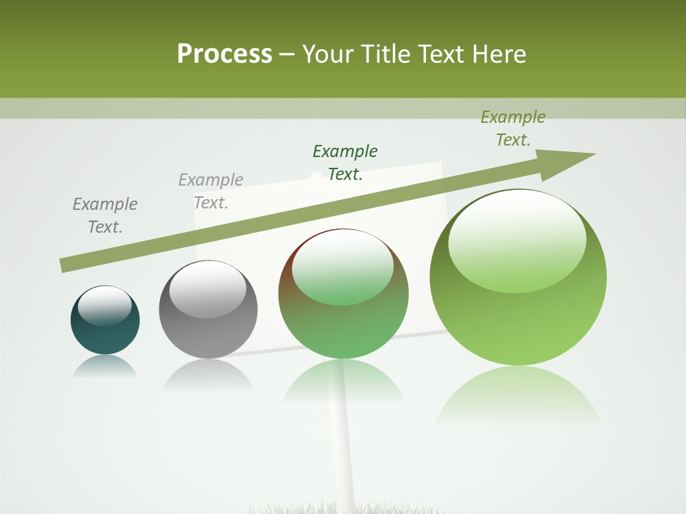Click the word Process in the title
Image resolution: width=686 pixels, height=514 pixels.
click(x=224, y=54)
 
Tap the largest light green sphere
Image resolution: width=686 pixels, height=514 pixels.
click(x=518, y=278)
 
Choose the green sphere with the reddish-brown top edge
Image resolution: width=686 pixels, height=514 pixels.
click(x=343, y=294)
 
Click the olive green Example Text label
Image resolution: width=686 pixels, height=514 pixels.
click(x=513, y=128)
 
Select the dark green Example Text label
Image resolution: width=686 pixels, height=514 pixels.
click(x=345, y=162)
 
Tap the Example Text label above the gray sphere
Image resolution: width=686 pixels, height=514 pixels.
click(x=211, y=191)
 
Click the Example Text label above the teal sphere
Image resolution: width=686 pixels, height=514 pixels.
click(x=105, y=216)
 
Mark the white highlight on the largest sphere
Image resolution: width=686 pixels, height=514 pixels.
click(x=517, y=239)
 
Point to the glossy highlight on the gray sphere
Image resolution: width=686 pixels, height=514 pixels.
click(x=207, y=288)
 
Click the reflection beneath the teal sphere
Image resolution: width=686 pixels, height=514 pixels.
click(x=104, y=367)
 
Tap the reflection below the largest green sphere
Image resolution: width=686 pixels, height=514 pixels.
click(x=517, y=393)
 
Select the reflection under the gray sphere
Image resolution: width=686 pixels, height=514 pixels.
click(x=208, y=375)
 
